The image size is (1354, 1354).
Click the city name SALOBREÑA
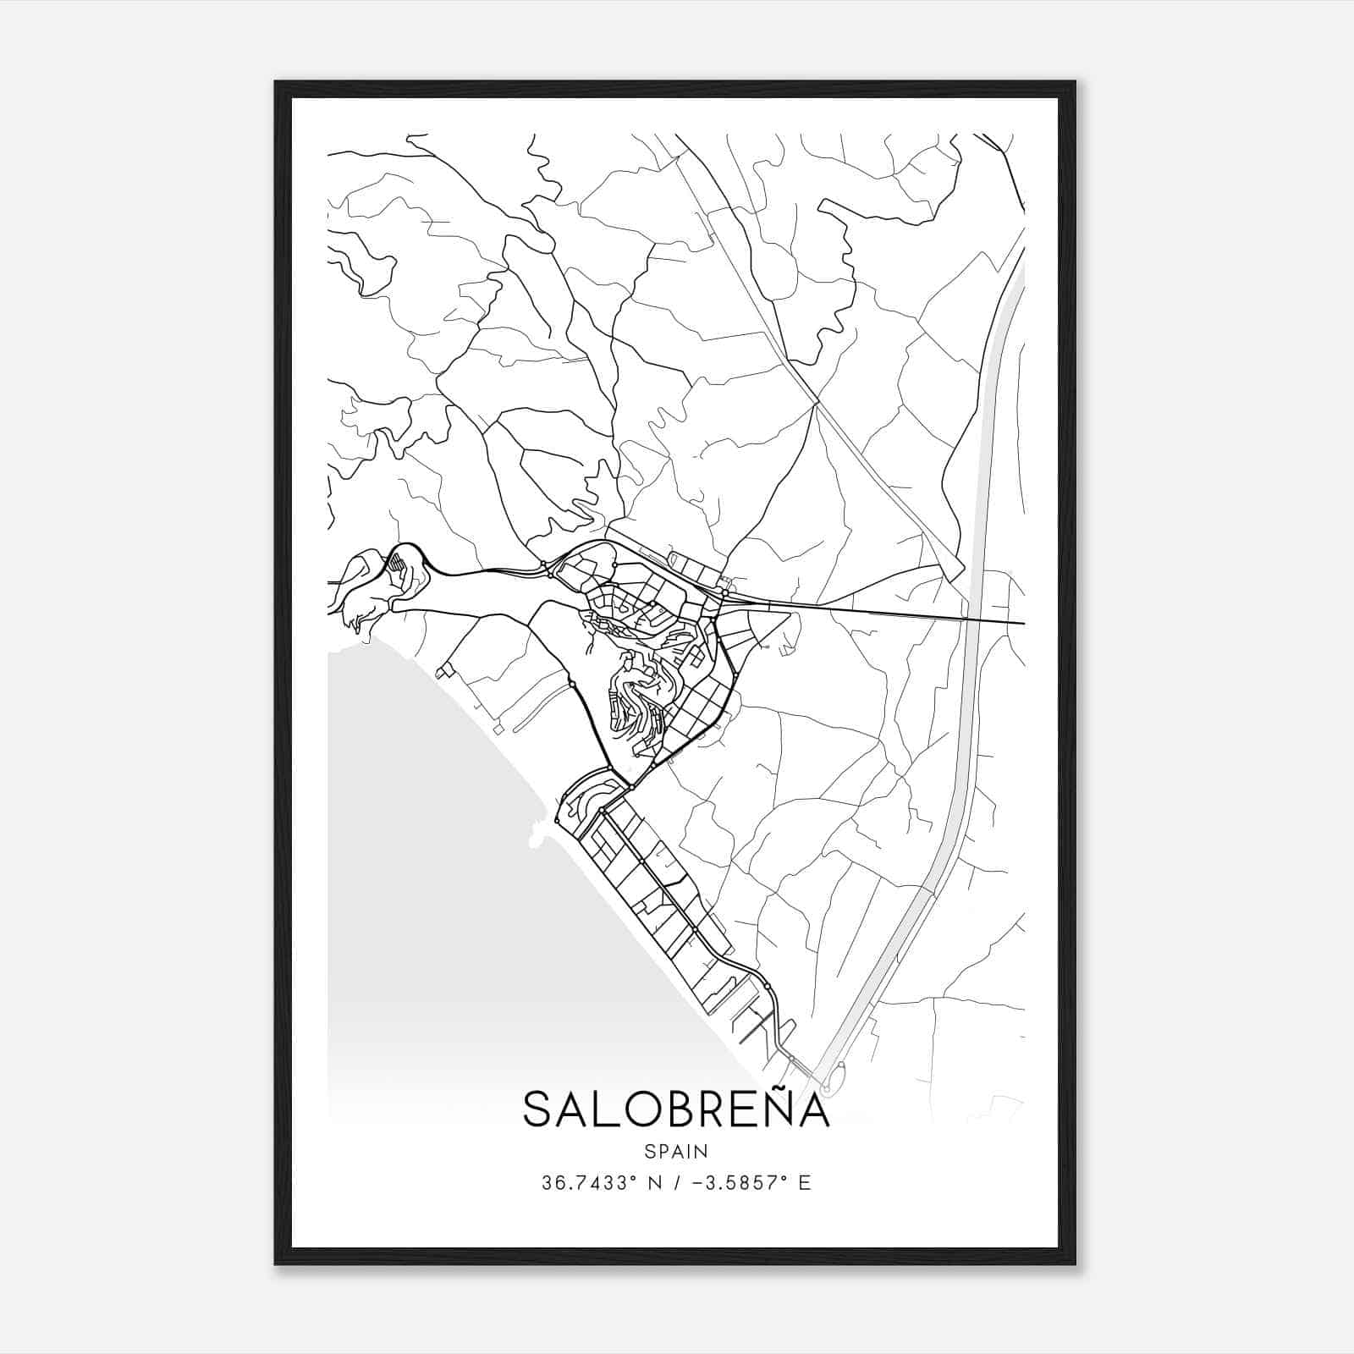click(x=676, y=1109)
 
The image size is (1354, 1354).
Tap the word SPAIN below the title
click(x=676, y=1151)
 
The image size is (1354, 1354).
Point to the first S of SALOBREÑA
click(x=538, y=1110)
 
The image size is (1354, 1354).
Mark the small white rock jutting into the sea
click(x=535, y=837)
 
